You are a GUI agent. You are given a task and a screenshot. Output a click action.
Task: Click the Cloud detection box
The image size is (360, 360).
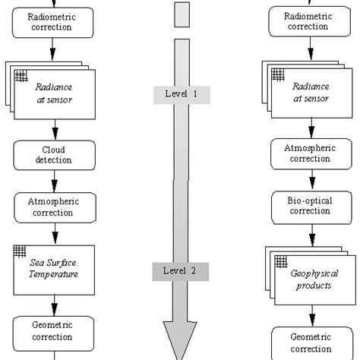pyautogui.click(x=53, y=155)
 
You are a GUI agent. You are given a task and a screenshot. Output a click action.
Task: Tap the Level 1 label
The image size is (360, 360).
pyautogui.click(x=181, y=94)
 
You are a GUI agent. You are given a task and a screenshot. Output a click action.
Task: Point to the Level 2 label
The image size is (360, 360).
pyautogui.click(x=181, y=270)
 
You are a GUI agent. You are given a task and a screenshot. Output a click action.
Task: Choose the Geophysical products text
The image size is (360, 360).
pyautogui.click(x=314, y=279)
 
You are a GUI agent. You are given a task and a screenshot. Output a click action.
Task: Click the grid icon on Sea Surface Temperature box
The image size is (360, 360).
pyautogui.click(x=20, y=251)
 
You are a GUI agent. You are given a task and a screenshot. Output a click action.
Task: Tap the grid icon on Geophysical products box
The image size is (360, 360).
pyautogui.click(x=280, y=261)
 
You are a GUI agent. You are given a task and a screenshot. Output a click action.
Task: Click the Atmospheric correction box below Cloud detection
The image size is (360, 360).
pyautogui.click(x=53, y=207)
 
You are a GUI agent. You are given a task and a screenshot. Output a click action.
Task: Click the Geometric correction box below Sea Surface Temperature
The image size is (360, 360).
pyautogui.click(x=53, y=331)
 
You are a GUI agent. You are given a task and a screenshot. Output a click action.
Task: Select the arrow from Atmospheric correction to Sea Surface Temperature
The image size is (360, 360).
pyautogui.click(x=54, y=233)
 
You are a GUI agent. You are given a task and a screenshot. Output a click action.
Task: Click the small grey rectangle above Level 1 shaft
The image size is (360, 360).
pyautogui.click(x=181, y=14)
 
